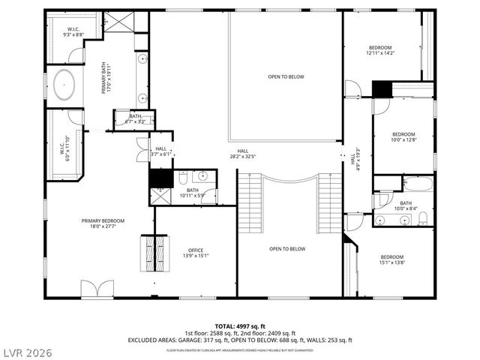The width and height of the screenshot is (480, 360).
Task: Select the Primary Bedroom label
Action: pos(103,223)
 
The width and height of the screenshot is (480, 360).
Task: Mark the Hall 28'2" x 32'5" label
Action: pos(243,154)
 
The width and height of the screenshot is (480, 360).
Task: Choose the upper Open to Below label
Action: pos(286,76)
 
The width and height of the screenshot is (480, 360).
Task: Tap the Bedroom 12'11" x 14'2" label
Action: pos(385,51)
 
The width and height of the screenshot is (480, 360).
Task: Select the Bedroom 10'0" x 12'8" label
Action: pos(403,136)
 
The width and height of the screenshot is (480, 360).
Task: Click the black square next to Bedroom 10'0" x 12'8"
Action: pos(382,88)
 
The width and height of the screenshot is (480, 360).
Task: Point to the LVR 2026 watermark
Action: pos(26,350)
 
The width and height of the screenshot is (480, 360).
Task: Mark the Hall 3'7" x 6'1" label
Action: pos(160,151)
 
